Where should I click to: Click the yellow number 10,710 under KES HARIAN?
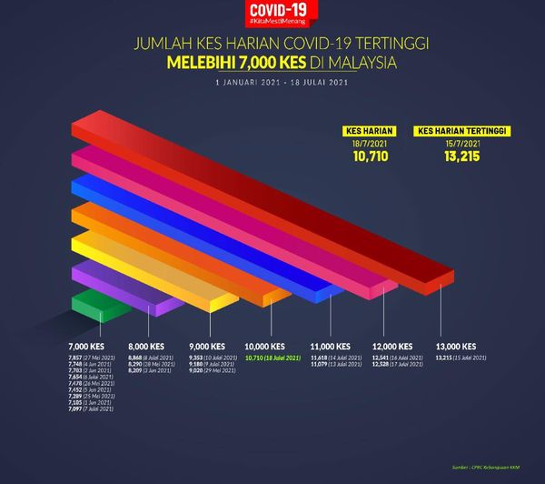(371, 156)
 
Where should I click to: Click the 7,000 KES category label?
(86, 347)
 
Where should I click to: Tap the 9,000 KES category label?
(207, 347)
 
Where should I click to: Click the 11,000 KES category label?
(330, 347)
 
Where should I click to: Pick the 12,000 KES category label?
(392, 347)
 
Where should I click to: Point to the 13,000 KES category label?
(456, 347)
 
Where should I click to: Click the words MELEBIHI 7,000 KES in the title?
(233, 64)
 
